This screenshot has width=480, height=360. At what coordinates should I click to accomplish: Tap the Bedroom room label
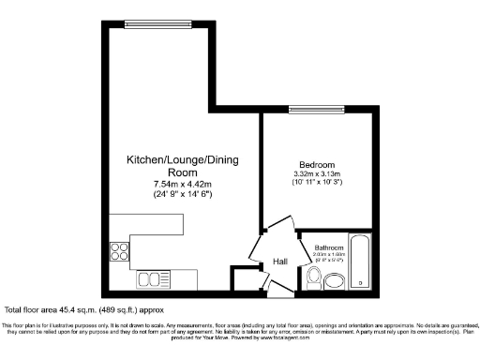[x=315, y=165]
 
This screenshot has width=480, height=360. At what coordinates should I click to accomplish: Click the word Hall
[x=279, y=262]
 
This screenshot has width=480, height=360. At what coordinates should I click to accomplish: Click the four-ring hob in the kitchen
[x=120, y=250]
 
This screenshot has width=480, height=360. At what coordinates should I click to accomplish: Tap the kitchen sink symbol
[x=150, y=277]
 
